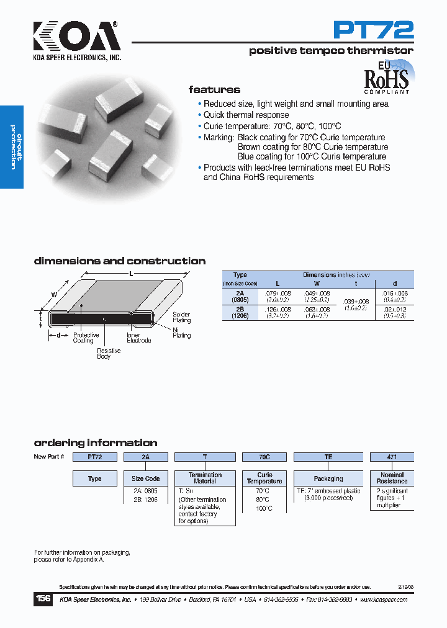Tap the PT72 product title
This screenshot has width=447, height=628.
[x=373, y=29]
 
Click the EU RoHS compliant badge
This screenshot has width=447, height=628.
[x=386, y=77]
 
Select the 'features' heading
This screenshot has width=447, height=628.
[x=214, y=90]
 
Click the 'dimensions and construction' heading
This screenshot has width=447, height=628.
[x=120, y=261]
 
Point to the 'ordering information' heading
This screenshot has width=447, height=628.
[x=96, y=443]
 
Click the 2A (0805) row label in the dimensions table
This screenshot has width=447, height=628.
[x=240, y=295]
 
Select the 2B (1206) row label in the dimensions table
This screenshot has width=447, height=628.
[x=240, y=312]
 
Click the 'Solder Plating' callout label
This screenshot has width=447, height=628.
[x=182, y=318]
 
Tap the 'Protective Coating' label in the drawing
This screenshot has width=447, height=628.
[x=86, y=338]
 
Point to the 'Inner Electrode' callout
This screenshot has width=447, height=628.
[x=138, y=338]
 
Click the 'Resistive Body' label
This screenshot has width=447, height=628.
[x=109, y=354]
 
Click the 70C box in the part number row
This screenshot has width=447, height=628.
[x=264, y=457]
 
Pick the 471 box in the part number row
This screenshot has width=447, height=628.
[x=392, y=457]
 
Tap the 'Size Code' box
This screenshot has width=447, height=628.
[x=146, y=478]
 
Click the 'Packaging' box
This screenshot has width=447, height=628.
[x=328, y=478]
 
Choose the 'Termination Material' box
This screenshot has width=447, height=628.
[x=205, y=478]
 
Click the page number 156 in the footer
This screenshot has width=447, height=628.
[x=43, y=599]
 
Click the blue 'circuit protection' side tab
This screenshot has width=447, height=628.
[x=12, y=148]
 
